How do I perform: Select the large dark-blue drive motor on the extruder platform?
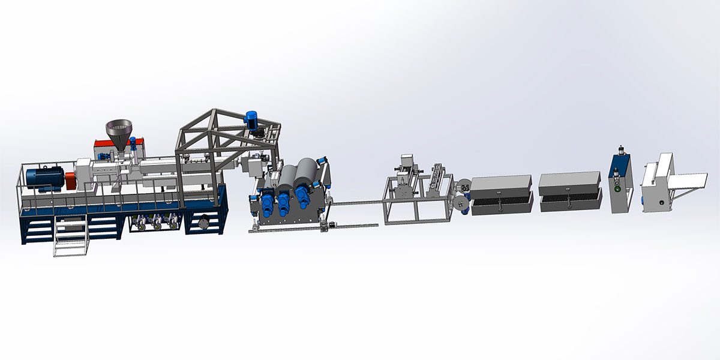click(50, 179)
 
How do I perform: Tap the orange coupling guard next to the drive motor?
click(71, 179)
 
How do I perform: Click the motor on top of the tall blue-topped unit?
click(620, 150)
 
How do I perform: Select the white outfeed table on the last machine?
click(691, 182)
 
